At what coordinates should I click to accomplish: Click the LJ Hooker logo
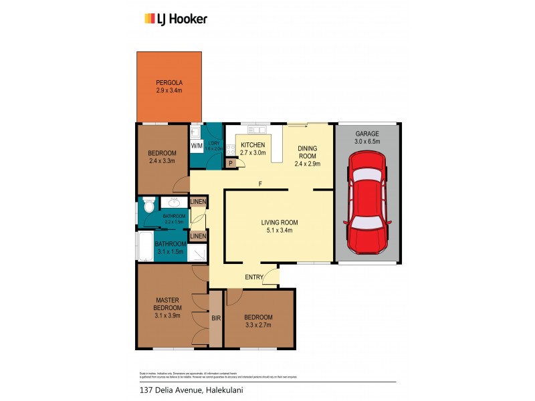tap(176, 19)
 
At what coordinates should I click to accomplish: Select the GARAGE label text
tap(366, 134)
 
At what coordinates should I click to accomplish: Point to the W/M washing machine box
tap(197, 146)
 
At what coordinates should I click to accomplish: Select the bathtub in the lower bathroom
tap(145, 245)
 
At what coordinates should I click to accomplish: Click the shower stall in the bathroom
tap(197, 253)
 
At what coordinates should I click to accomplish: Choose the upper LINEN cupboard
tap(198, 202)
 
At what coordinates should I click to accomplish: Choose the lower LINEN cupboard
tap(198, 236)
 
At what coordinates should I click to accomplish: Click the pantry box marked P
tap(231, 162)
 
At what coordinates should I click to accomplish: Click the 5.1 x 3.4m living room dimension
tap(279, 231)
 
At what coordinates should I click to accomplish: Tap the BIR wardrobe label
tap(216, 319)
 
